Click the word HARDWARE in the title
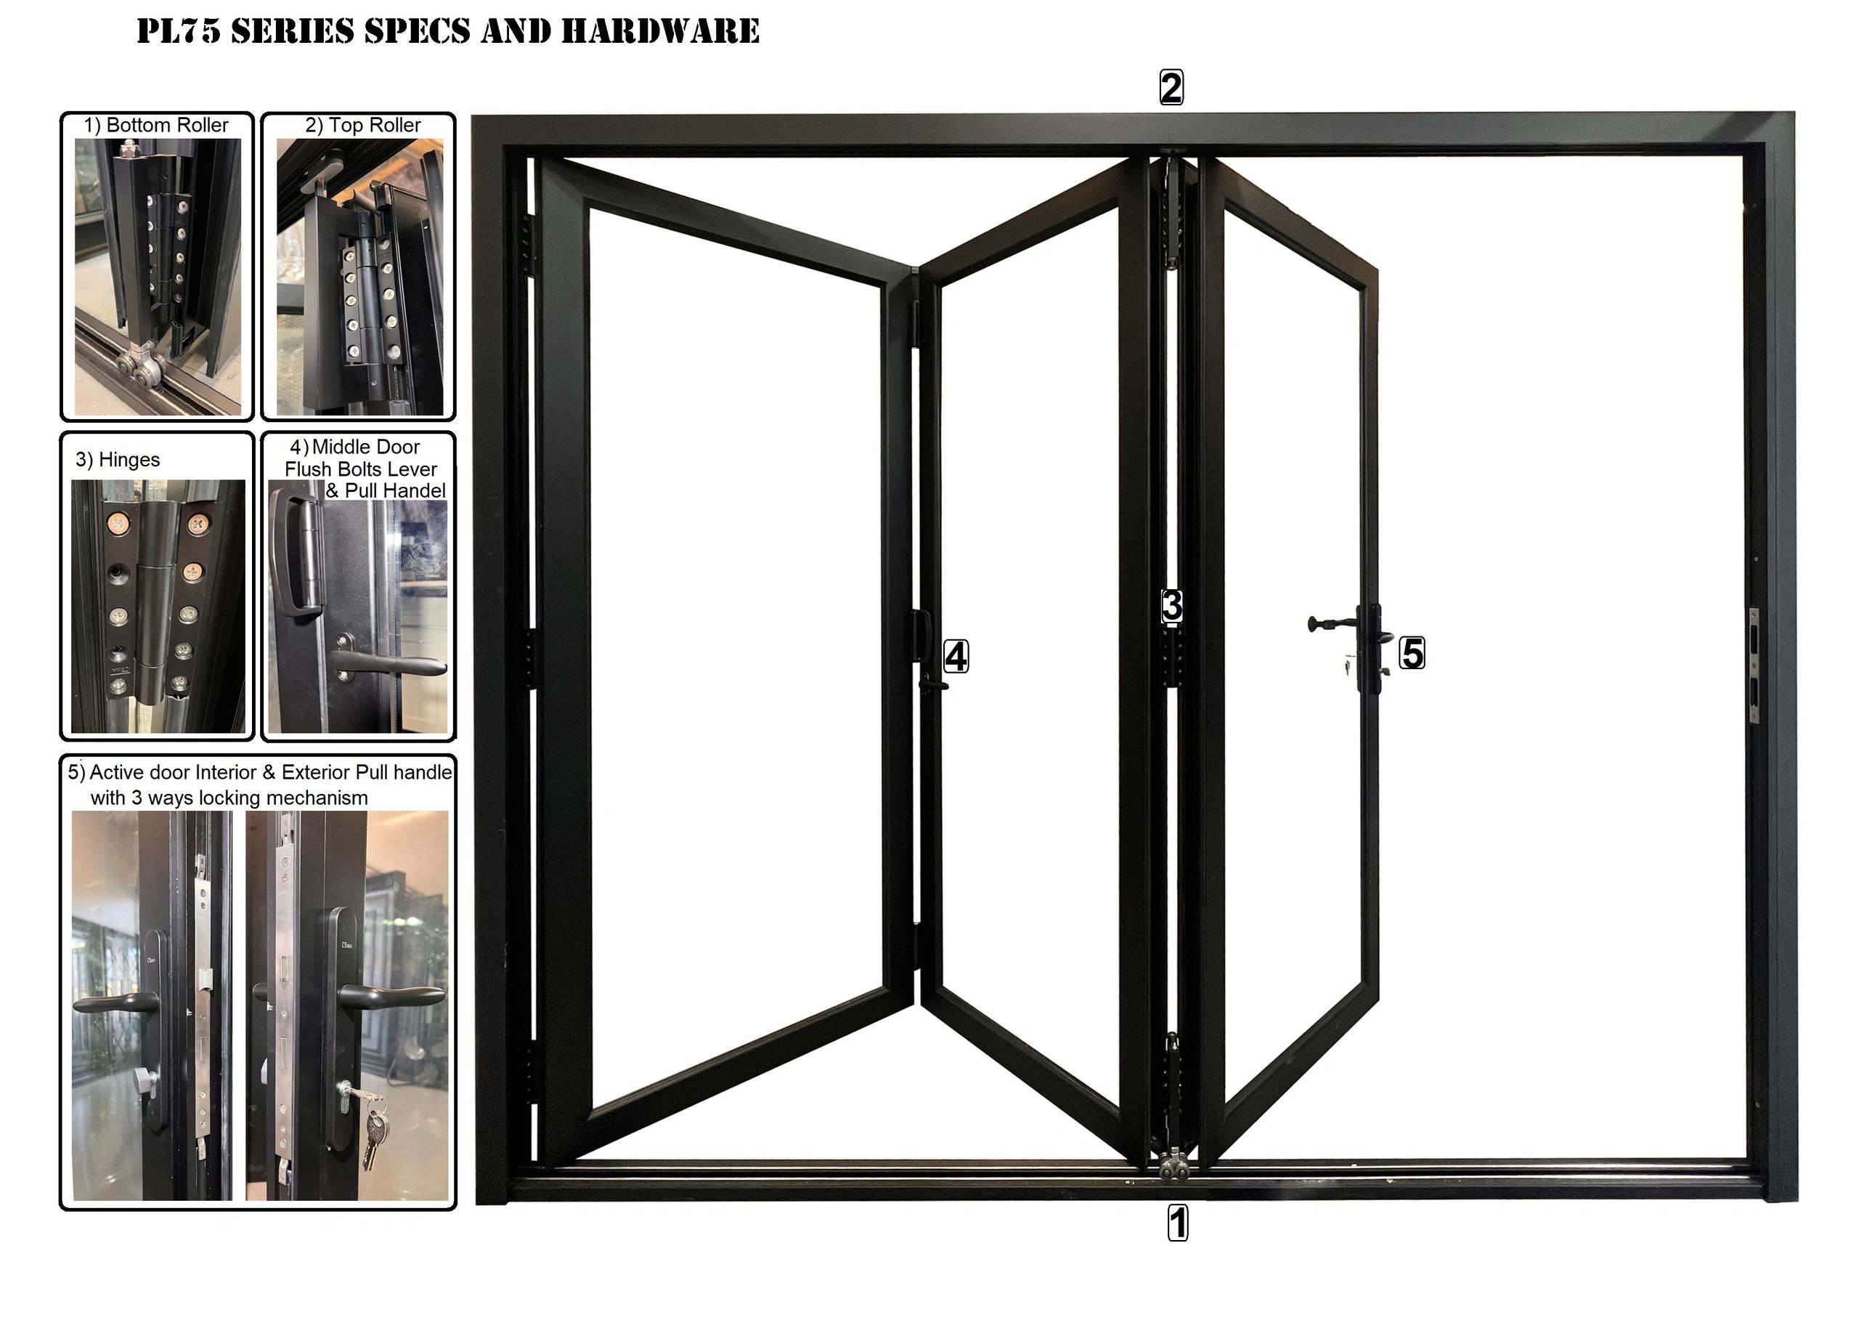click(660, 31)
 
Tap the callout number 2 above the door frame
click(1171, 88)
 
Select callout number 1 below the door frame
click(1177, 1223)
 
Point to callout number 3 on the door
click(1171, 607)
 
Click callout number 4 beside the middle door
click(956, 657)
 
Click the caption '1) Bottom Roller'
click(156, 125)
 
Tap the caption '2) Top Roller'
click(363, 125)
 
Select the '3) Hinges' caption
click(118, 460)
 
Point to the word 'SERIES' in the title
click(293, 31)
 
